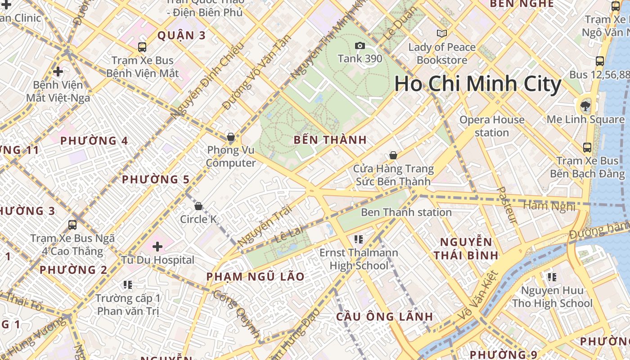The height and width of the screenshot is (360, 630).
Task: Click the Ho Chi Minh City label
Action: click(478, 84)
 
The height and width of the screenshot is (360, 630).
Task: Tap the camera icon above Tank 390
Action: click(360, 45)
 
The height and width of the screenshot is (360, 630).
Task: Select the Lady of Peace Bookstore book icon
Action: click(442, 33)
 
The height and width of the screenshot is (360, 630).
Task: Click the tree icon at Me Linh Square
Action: click(585, 106)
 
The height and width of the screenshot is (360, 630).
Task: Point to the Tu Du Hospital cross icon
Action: click(157, 246)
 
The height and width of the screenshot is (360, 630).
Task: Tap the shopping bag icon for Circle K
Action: click(198, 206)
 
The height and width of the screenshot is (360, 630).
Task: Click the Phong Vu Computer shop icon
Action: click(231, 137)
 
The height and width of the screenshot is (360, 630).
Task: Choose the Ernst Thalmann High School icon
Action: click(359, 239)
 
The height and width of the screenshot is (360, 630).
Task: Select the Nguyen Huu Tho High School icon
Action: click(552, 277)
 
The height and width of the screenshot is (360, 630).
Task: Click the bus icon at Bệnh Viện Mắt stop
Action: click(142, 47)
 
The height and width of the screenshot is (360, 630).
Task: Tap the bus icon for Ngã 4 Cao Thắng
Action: click(72, 225)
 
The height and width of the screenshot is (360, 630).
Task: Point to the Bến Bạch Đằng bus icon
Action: click(587, 147)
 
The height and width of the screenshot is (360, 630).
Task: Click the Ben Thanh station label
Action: click(406, 212)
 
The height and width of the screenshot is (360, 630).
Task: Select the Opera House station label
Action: click(492, 126)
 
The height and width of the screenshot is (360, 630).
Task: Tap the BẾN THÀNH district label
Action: click(330, 140)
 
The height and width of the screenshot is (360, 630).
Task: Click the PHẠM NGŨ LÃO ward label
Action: click(256, 276)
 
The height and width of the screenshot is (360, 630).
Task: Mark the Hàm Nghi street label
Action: click(549, 206)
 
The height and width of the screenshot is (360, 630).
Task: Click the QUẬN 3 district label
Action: click(181, 36)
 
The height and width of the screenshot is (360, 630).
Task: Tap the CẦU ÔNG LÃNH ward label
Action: click(385, 316)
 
